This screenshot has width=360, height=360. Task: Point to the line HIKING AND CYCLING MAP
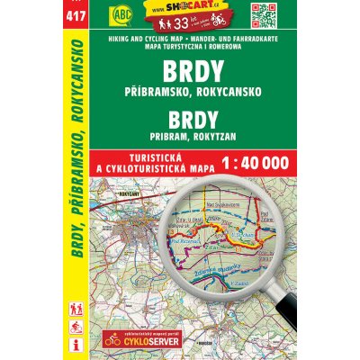137,41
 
